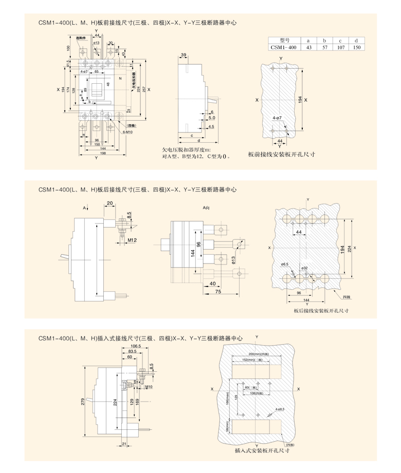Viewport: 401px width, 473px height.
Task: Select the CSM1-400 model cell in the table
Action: tap(284, 47)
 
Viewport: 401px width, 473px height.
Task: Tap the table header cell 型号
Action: tap(284, 40)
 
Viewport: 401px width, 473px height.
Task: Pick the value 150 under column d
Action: tap(356, 47)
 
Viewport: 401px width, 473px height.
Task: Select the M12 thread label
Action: tap(132, 240)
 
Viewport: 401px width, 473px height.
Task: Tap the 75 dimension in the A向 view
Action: tap(218, 291)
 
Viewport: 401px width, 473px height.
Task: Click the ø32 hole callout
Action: tap(304, 268)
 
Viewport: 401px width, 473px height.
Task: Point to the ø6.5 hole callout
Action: tap(285, 264)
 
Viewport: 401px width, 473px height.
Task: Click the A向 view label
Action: tap(207, 207)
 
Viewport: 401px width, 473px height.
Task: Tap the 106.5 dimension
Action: tap(136, 347)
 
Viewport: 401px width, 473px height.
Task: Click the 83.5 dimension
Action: tap(133, 352)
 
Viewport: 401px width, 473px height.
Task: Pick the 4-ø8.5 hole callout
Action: tap(281, 409)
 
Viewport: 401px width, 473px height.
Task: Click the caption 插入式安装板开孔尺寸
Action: tap(261, 450)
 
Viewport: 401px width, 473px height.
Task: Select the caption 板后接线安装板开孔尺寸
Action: tap(322, 311)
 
